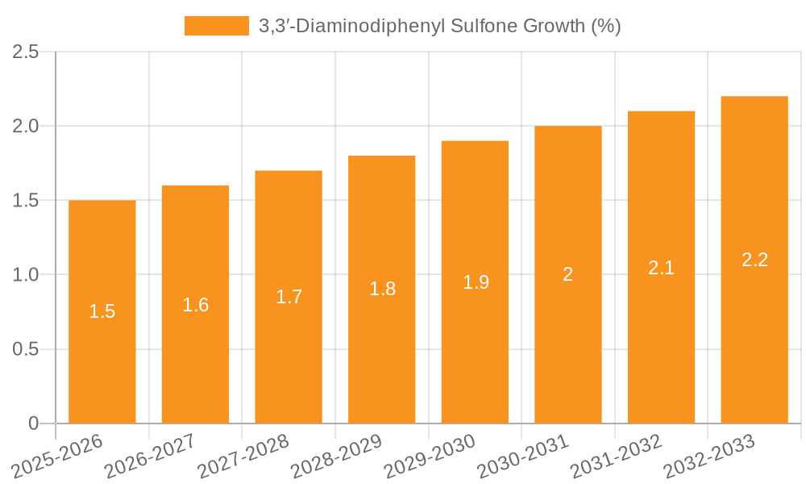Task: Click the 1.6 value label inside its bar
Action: coord(195,305)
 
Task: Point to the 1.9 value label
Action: coord(476,282)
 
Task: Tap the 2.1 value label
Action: coord(661,268)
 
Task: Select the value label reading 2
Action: coord(567,274)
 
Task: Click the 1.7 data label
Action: coord(289,297)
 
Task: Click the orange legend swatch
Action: coord(216,26)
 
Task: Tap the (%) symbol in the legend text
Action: coord(605,26)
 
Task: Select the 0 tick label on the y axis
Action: coord(33,423)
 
